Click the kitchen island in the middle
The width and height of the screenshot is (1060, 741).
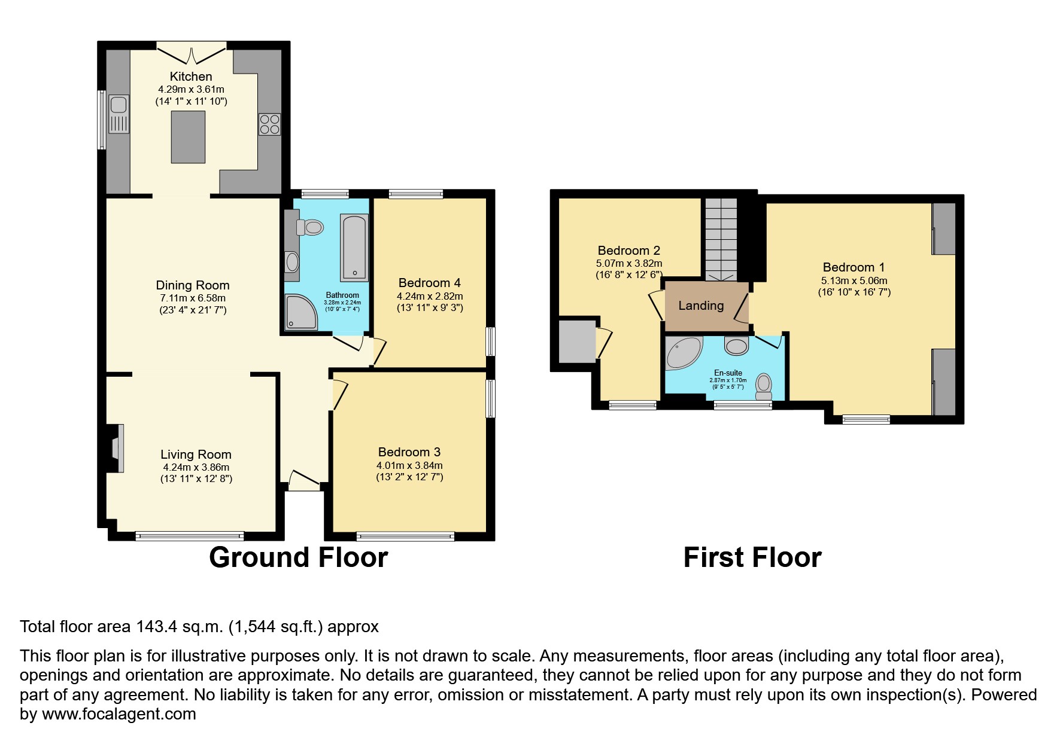pos(188,137)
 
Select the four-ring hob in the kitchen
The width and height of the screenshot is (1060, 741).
pos(269,124)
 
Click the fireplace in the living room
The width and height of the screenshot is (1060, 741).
pos(116,449)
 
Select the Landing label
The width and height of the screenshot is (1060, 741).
pos(701,306)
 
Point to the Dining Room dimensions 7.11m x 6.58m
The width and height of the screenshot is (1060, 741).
pos(192,298)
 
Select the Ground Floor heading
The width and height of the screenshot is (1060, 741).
pos(298,557)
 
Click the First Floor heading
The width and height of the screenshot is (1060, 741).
pos(752,557)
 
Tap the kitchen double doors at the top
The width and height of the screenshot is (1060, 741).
pos(192,53)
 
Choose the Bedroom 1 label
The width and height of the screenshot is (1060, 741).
pos(854,267)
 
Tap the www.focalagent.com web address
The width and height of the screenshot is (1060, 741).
pos(119,714)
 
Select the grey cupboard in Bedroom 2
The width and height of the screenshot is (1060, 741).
pos(573,341)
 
